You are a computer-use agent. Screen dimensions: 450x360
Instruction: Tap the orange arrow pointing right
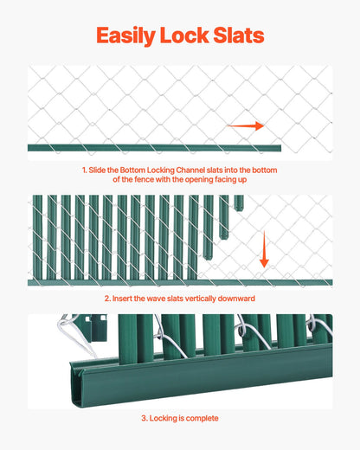click(x=246, y=126)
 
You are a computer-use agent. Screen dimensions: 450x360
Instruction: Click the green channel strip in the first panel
click(x=130, y=148)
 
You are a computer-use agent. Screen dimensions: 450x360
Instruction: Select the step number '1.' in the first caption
click(x=84, y=170)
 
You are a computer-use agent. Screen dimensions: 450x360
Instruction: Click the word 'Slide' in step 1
click(x=99, y=170)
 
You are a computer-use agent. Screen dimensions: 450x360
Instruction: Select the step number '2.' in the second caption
click(x=107, y=299)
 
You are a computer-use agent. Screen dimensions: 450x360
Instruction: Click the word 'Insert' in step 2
click(x=122, y=299)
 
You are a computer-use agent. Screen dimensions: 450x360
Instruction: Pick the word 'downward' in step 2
click(x=235, y=299)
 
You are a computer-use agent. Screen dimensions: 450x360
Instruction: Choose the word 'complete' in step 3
click(x=202, y=419)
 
